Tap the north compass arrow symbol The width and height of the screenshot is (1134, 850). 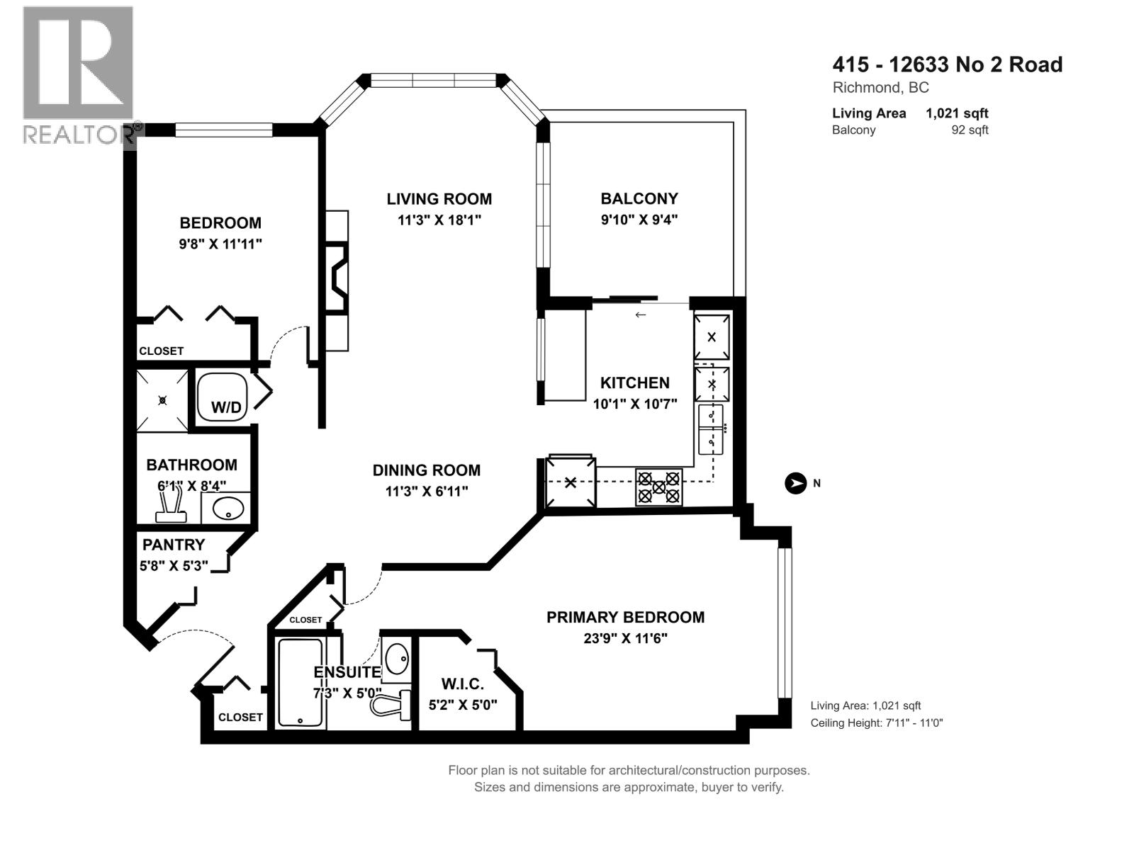(x=795, y=484)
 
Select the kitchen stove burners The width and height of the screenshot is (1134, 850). (x=658, y=487)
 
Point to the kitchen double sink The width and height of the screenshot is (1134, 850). (x=711, y=429)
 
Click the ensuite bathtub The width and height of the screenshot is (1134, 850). (x=301, y=682)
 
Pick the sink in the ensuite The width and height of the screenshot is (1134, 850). (x=397, y=659)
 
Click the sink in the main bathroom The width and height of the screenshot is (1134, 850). (x=228, y=509)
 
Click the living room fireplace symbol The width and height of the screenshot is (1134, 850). (x=337, y=278)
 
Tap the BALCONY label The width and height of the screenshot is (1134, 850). (x=639, y=199)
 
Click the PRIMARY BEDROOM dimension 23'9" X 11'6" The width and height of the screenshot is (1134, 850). (x=625, y=638)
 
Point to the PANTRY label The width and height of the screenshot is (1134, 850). (x=174, y=545)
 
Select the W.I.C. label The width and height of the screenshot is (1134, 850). (x=462, y=684)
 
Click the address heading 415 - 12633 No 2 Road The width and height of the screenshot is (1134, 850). (x=948, y=64)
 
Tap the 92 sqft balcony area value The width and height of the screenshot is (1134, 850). (x=970, y=130)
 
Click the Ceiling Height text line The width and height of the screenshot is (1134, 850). (x=876, y=723)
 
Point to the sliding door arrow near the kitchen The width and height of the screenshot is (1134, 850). (x=641, y=314)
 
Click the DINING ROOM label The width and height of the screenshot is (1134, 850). (x=426, y=470)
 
